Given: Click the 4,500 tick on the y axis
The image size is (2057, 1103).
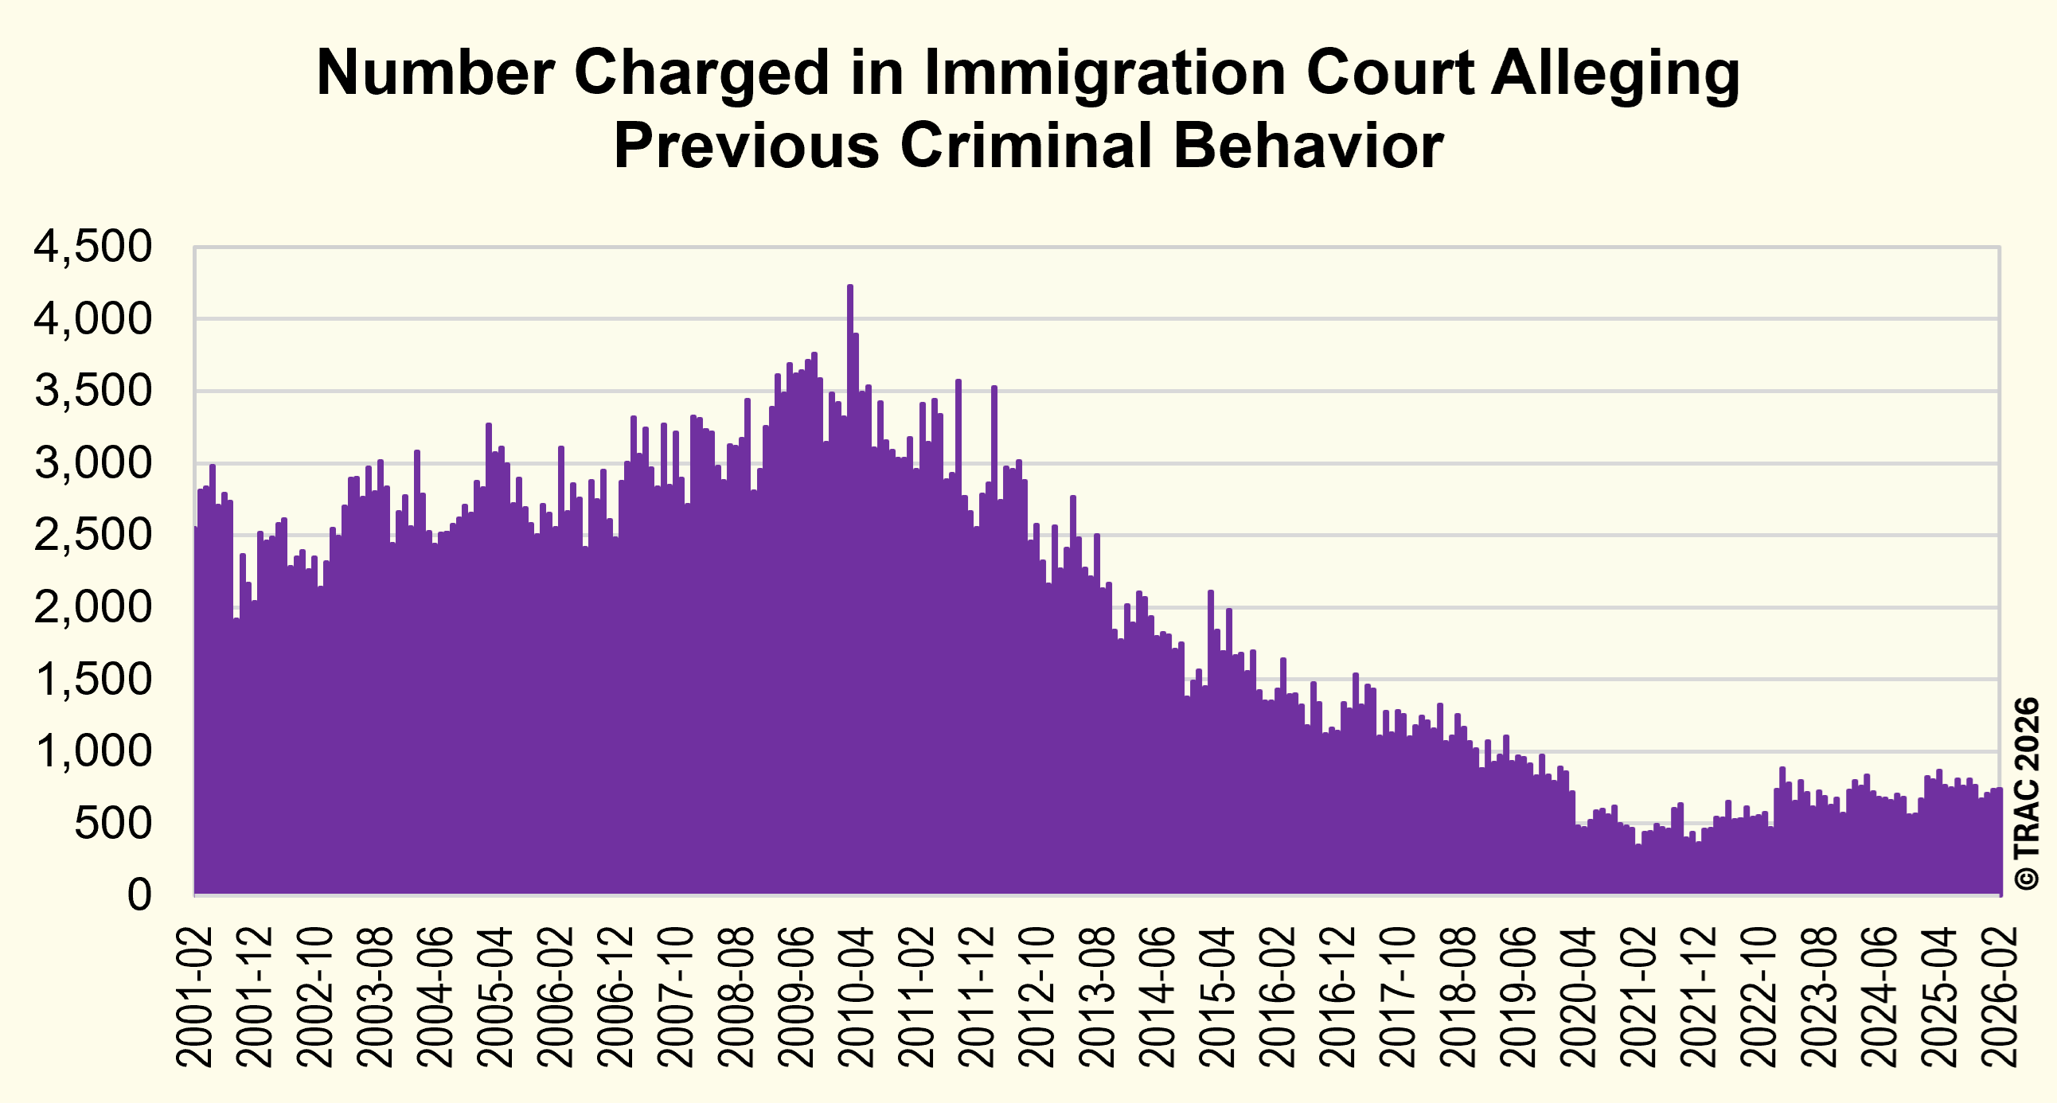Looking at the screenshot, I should [x=92, y=247].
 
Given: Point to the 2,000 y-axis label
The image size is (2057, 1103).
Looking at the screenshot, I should [x=92, y=607].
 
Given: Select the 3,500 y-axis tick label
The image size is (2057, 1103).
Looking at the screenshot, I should [x=92, y=391].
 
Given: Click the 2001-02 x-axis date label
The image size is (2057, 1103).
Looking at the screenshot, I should [x=194, y=997].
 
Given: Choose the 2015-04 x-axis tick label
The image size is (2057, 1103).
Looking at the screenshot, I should [x=1218, y=997].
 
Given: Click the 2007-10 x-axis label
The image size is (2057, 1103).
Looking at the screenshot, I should [x=677, y=997].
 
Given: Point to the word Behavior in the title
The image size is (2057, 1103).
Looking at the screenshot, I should [x=1308, y=146].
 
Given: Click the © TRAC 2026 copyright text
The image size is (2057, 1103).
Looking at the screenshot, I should [x=2028, y=794].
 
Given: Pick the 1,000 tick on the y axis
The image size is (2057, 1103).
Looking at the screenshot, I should [x=92, y=751].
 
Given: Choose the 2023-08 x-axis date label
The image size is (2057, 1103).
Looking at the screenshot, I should [x=1821, y=997].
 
